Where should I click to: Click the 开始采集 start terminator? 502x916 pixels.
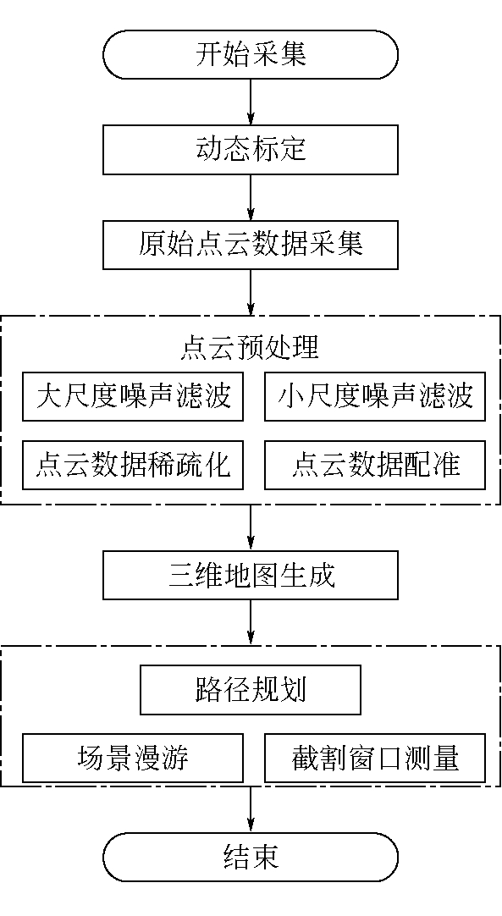click(x=250, y=54)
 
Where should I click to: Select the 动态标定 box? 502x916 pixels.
click(x=250, y=150)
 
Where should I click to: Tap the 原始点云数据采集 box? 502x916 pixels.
click(x=250, y=245)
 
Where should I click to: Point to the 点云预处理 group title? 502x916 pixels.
click(x=250, y=347)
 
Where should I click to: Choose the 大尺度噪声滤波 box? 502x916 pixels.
click(x=133, y=397)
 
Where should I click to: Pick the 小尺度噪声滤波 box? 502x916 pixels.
click(x=375, y=397)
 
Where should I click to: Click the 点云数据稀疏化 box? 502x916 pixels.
click(x=133, y=465)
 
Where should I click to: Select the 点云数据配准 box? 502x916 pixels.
click(x=375, y=465)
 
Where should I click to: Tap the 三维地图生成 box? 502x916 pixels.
click(x=250, y=575)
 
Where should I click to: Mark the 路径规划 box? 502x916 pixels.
click(x=250, y=690)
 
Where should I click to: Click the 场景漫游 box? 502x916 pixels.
click(x=133, y=759)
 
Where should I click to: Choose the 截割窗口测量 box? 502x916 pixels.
click(x=375, y=759)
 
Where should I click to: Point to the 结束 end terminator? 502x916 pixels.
click(x=250, y=857)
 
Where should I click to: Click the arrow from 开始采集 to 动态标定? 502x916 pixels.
click(x=251, y=102)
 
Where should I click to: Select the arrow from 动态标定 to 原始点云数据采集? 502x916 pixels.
click(x=251, y=197)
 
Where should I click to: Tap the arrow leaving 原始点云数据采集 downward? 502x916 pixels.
click(x=251, y=292)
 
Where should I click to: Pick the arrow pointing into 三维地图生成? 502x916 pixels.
click(x=251, y=527)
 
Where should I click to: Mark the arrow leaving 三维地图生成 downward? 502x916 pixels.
click(x=251, y=622)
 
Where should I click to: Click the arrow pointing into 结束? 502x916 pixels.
click(x=251, y=809)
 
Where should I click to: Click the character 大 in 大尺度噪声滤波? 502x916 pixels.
click(x=49, y=397)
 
